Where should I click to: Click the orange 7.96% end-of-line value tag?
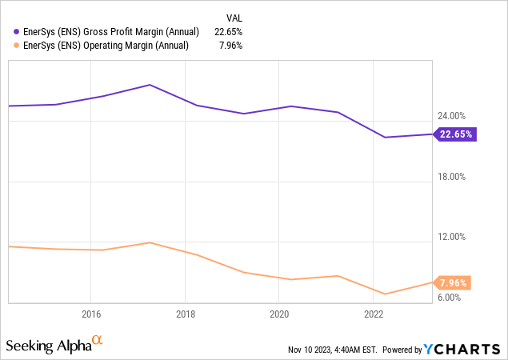[x=454, y=282]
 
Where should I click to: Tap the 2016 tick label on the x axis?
[x=90, y=314]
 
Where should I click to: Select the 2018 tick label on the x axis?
[x=185, y=314]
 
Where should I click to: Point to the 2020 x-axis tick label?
[x=279, y=314]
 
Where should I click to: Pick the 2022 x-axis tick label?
[x=374, y=314]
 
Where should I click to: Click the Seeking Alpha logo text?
[x=49, y=346]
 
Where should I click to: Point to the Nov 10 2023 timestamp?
[x=334, y=350]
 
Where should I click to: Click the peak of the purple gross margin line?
[x=150, y=85]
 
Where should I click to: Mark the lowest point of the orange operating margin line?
[x=385, y=294]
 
